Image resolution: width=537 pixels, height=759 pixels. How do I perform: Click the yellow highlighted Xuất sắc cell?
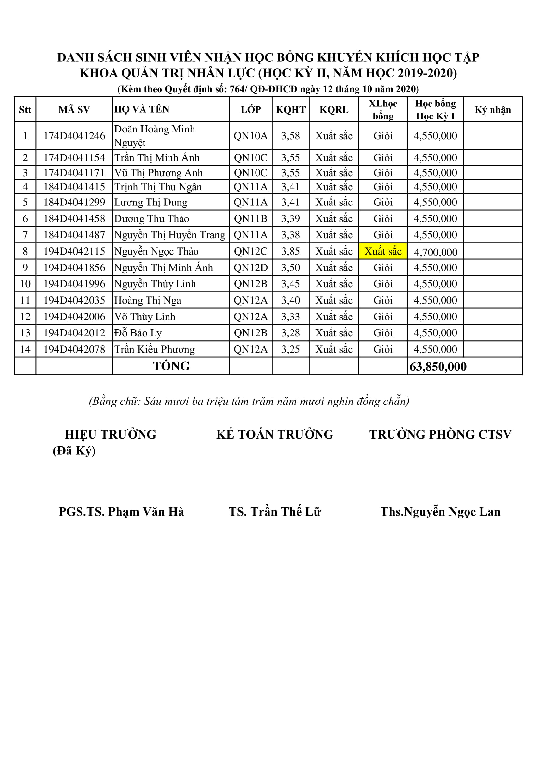pyautogui.click(x=382, y=251)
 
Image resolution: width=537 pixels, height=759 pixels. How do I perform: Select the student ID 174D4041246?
pyautogui.click(x=74, y=136)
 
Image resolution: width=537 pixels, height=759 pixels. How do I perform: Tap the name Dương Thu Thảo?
pyautogui.click(x=151, y=218)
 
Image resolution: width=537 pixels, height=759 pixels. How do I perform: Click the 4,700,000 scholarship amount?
pyautogui.click(x=435, y=252)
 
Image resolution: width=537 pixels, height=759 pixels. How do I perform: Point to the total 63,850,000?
pyautogui.click(x=438, y=367)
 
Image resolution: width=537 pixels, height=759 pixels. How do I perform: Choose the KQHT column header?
pyautogui.click(x=291, y=110)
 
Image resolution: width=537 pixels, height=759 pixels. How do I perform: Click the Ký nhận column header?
pyautogui.click(x=493, y=110)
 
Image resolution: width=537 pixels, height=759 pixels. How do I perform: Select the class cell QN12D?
pyautogui.click(x=251, y=268)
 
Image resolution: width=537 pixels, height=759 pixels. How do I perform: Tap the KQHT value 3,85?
pyautogui.click(x=291, y=251)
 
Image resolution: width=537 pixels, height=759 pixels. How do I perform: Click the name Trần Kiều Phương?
pyautogui.click(x=155, y=349)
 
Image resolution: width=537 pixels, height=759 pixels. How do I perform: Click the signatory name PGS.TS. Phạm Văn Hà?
pyautogui.click(x=121, y=512)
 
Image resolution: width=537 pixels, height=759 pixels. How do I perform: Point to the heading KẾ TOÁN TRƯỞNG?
pyautogui.click(x=275, y=434)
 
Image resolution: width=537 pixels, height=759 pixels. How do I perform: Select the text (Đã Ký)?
pyautogui.click(x=74, y=451)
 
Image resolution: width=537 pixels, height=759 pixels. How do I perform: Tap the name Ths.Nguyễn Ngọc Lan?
pyautogui.click(x=440, y=512)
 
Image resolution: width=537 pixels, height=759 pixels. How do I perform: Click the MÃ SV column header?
pyautogui.click(x=74, y=110)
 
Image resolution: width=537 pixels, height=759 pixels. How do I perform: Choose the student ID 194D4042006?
pyautogui.click(x=74, y=317)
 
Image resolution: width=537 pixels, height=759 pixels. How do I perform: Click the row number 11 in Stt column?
pyautogui.click(x=25, y=300)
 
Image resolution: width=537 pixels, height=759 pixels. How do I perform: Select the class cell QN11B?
pyautogui.click(x=251, y=218)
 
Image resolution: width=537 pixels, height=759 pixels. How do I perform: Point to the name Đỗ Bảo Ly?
pyautogui.click(x=138, y=333)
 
